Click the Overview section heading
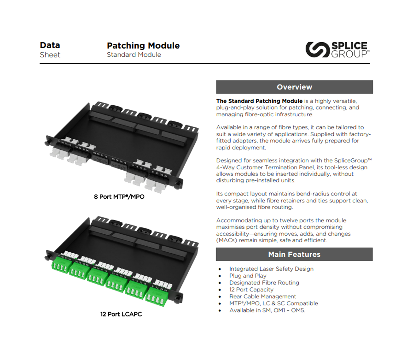click(x=294, y=87)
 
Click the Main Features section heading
click(x=294, y=254)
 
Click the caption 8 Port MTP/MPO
click(x=119, y=197)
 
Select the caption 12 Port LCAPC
click(x=121, y=314)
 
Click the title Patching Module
click(x=143, y=45)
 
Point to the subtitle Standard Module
click(x=134, y=55)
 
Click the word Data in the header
click(x=50, y=45)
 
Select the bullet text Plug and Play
click(x=248, y=276)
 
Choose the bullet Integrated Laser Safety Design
click(x=271, y=269)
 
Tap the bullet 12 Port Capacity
click(x=251, y=289)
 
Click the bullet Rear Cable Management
click(x=263, y=296)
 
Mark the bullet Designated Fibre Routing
click(x=264, y=283)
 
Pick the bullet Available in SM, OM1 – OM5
click(x=267, y=310)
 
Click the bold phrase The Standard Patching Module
click(x=259, y=101)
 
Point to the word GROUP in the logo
click(x=349, y=54)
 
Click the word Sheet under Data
click(x=50, y=55)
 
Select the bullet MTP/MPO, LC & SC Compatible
click(x=274, y=303)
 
